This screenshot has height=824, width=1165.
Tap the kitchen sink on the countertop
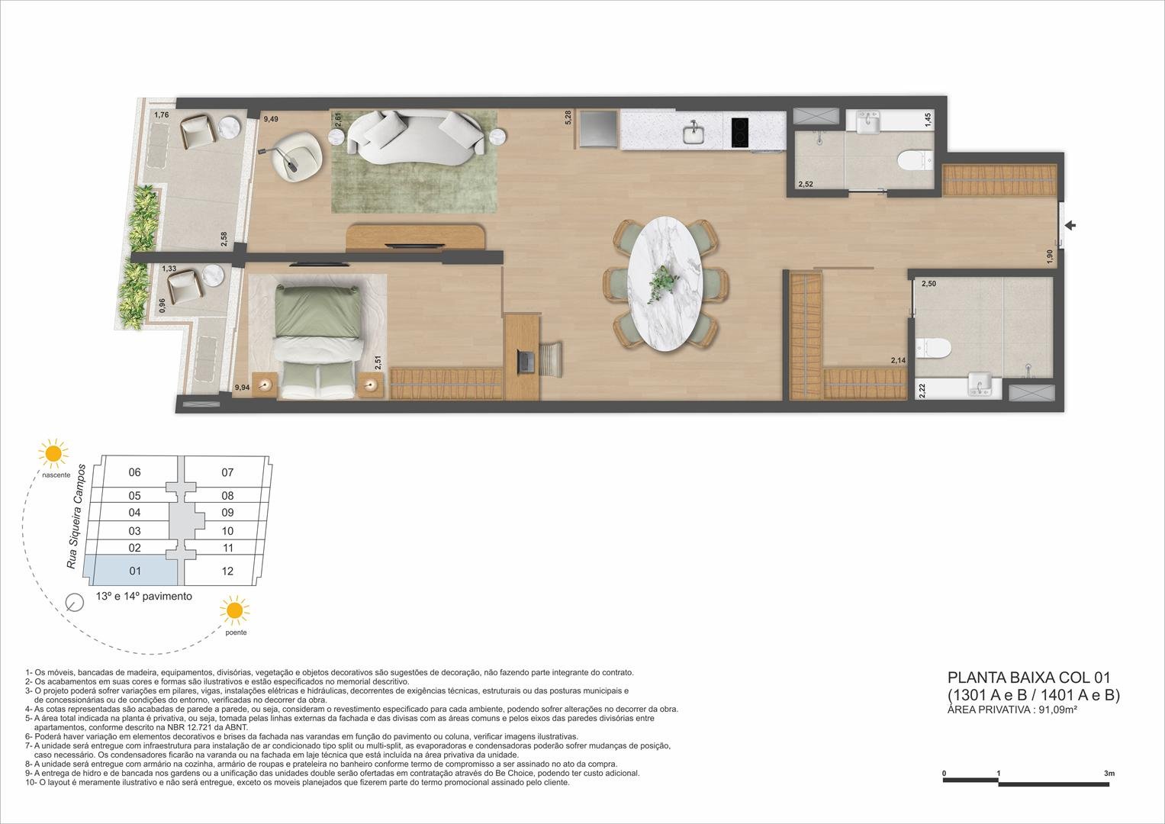click(694, 133)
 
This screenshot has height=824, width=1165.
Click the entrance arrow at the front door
click(1070, 225)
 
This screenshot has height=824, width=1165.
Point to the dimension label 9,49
click(271, 119)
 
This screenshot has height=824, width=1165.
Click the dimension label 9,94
click(242, 388)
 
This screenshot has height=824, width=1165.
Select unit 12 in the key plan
click(227, 571)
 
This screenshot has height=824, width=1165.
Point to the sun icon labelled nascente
click(53, 453)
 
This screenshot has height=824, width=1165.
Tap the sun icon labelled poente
click(234, 610)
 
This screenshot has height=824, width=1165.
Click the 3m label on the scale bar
click(1109, 774)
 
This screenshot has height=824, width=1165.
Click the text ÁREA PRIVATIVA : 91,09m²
click(1012, 710)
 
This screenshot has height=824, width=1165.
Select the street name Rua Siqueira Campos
click(76, 516)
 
